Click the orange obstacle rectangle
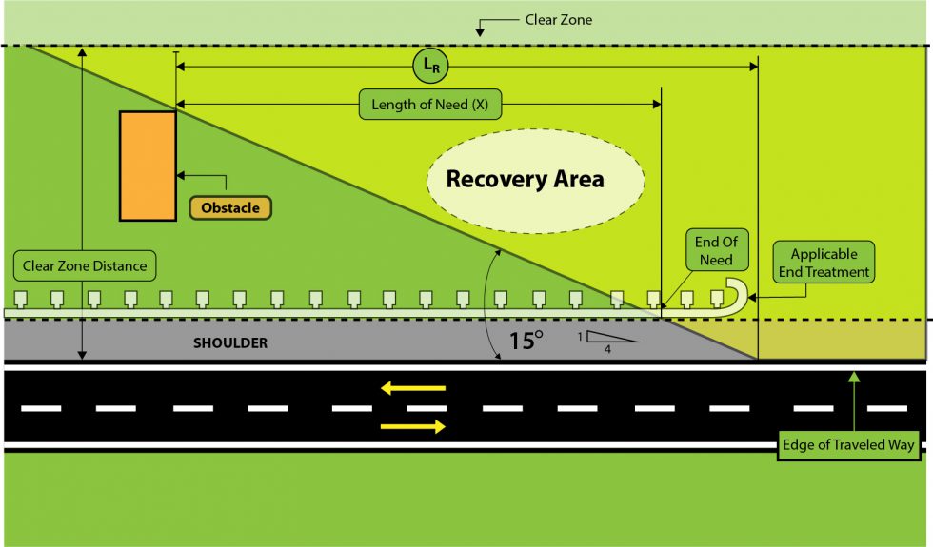pos(148,166)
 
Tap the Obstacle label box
pos(229,206)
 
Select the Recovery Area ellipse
pos(525,179)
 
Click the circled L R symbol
pos(429,67)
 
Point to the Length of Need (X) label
pos(429,105)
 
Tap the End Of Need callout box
pos(716,251)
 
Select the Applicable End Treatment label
pos(824,264)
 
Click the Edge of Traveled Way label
pos(847,445)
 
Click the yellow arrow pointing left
pos(413,388)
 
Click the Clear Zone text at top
pos(558,20)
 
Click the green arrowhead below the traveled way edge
pos(854,378)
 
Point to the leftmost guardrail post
pos(21,299)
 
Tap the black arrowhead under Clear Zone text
pos(481,33)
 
